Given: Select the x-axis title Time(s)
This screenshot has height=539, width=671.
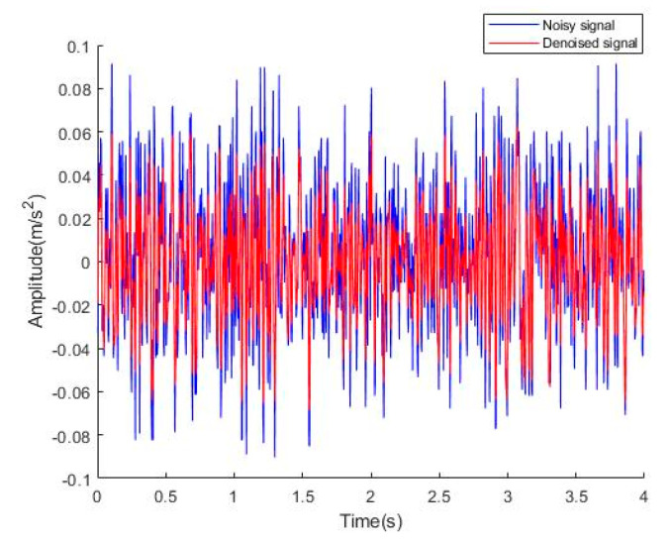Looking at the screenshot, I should coord(370,519).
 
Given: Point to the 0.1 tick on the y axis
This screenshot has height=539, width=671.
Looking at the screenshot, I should coord(76,47).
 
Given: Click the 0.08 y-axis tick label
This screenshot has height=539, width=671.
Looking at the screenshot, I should coord(73,90).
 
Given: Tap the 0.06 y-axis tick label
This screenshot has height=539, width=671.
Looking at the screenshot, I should coord(73,133).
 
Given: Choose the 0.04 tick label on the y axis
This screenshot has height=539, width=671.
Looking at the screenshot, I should coord(73,176).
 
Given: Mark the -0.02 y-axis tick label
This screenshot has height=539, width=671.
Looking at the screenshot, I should coord(70,306).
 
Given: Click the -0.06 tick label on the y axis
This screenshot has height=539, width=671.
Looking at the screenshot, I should coord(70,392).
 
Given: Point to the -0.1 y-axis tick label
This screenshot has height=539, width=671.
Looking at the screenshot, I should coord(74,479).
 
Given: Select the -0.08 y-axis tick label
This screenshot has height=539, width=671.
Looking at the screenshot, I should coord(70,436).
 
